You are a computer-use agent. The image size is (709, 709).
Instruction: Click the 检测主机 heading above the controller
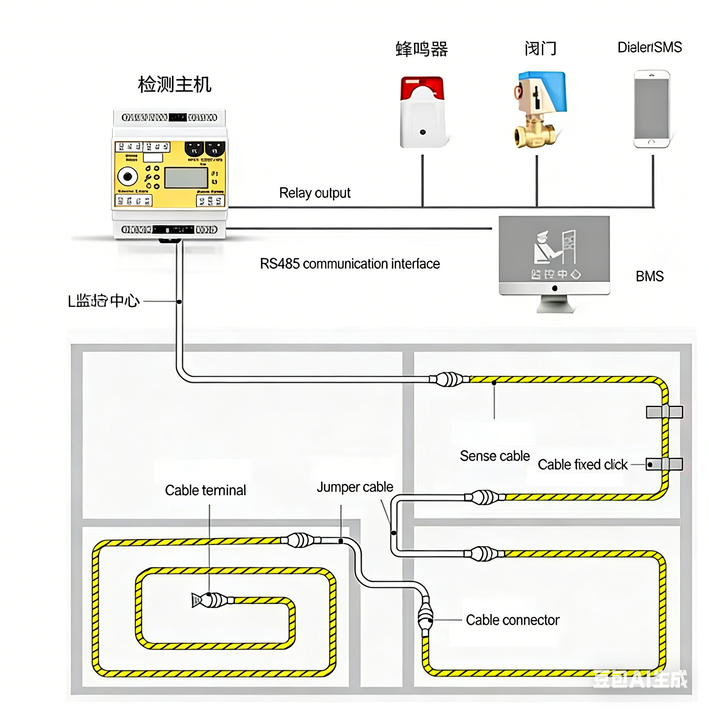(x=175, y=84)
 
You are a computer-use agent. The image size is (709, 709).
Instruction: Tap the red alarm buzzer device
(x=422, y=112)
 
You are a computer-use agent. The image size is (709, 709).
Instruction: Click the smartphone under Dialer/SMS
(x=652, y=109)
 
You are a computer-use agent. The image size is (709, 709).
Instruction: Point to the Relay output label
(x=314, y=193)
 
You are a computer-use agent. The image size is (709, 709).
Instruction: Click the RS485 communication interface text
(x=350, y=264)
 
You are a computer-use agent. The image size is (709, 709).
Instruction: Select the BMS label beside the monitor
(x=649, y=276)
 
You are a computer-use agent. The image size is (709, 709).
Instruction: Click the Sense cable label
(x=495, y=456)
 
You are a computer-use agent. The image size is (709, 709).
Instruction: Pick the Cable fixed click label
(x=582, y=465)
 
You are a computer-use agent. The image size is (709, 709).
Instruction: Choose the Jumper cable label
(x=355, y=487)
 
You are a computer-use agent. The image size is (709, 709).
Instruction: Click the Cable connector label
(x=512, y=620)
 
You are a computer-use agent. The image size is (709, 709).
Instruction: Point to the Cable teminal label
(x=205, y=490)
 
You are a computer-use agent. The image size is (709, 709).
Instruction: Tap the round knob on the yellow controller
(x=127, y=177)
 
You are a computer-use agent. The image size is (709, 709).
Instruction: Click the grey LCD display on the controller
(x=186, y=178)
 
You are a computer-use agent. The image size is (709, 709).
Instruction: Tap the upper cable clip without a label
(x=664, y=412)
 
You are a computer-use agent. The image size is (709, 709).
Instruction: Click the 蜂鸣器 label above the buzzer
(x=422, y=49)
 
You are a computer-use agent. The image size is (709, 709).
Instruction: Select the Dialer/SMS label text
(x=649, y=47)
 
